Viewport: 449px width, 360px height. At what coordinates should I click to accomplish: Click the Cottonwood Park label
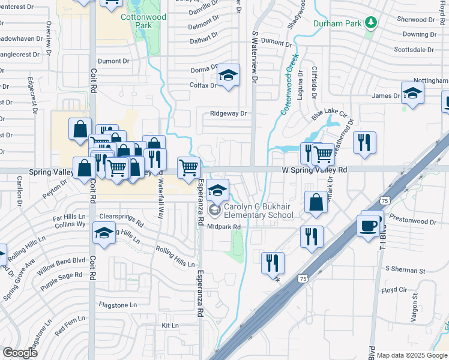click(x=143, y=21)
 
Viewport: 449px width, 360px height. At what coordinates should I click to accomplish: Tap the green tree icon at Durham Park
click(x=372, y=23)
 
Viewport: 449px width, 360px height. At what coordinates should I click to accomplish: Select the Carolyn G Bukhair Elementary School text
click(x=250, y=211)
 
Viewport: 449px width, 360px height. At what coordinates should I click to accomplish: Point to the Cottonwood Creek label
click(x=291, y=90)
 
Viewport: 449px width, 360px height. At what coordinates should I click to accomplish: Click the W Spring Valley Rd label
click(x=315, y=170)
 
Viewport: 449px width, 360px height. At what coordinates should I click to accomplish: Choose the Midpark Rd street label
click(x=224, y=227)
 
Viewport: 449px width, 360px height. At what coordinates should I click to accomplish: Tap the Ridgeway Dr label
click(x=229, y=113)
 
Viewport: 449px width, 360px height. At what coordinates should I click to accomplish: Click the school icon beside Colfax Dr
click(x=228, y=75)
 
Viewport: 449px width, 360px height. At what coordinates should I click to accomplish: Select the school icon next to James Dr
click(x=412, y=93)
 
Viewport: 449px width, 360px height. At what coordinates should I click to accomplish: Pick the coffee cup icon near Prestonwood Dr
click(x=369, y=226)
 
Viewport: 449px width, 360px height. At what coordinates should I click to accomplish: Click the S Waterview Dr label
click(x=255, y=57)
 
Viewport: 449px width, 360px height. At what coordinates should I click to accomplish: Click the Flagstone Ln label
click(x=118, y=305)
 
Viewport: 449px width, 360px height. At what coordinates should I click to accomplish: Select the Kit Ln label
click(x=170, y=326)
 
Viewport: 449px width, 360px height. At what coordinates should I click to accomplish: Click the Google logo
click(x=20, y=353)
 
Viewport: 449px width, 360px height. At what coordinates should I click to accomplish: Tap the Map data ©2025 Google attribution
click(x=411, y=355)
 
